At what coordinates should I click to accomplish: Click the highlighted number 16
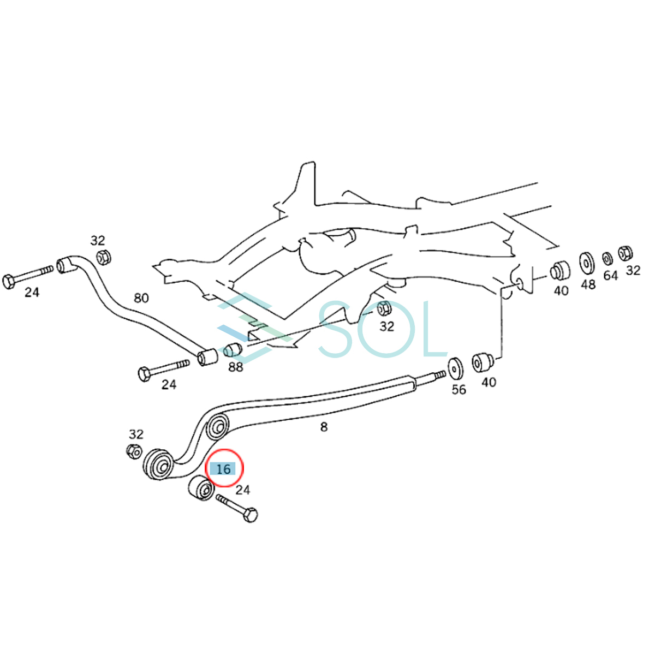pos(223,469)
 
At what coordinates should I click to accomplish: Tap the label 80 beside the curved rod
pos(141,298)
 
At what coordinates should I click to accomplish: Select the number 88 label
pos(235,367)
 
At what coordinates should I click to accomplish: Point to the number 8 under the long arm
pos(324,427)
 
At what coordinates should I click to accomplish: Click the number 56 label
pos(459,389)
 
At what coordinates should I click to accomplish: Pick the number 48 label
pos(588,284)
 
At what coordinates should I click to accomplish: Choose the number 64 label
pos(611,276)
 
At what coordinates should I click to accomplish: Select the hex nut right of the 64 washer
pos(626,253)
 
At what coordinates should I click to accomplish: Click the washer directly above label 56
pos(456,368)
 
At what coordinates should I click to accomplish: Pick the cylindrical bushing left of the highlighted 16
pos(201,489)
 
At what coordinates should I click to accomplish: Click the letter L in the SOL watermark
pos(431,329)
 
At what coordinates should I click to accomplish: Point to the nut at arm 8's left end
pos(134,452)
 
